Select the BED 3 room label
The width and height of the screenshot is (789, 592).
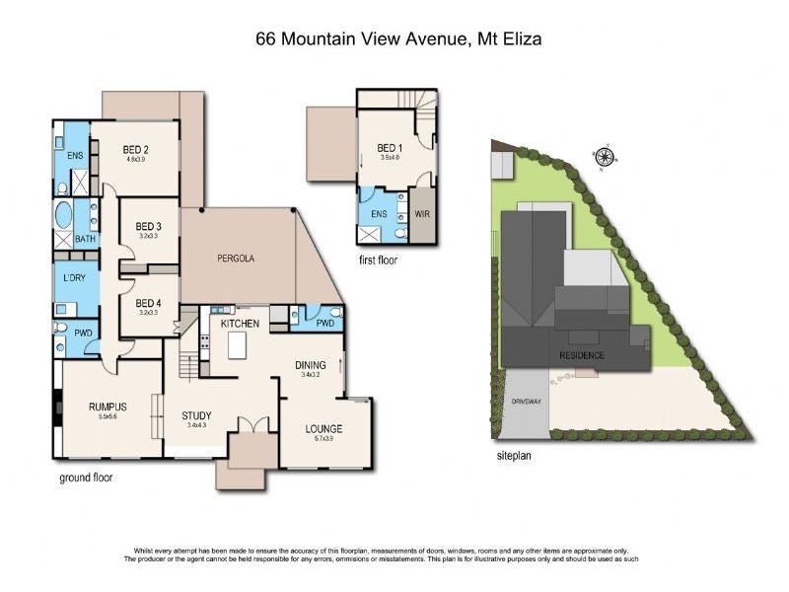pyautogui.click(x=148, y=227)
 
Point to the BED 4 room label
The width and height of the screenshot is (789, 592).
pyautogui.click(x=148, y=303)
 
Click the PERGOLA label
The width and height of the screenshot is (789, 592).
pyautogui.click(x=236, y=258)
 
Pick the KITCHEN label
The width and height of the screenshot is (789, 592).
pyautogui.click(x=240, y=324)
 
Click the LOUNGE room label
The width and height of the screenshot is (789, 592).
pyautogui.click(x=323, y=428)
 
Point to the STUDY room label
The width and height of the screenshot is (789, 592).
pyautogui.click(x=196, y=415)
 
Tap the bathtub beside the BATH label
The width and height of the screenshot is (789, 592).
pyautogui.click(x=63, y=215)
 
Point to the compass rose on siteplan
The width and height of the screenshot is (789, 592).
pyautogui.click(x=604, y=156)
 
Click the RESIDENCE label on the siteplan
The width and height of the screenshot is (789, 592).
pyautogui.click(x=582, y=354)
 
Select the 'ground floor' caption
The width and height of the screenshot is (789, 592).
pyautogui.click(x=86, y=477)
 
